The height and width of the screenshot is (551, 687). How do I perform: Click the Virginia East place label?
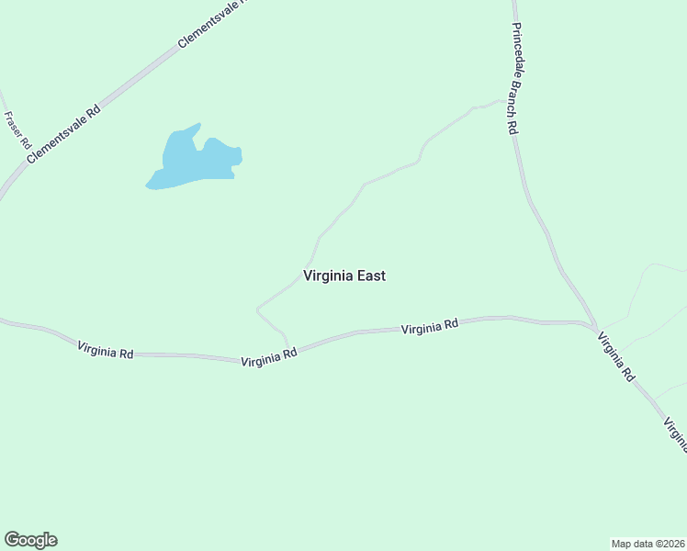344,275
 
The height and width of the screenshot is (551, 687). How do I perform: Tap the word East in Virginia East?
370,275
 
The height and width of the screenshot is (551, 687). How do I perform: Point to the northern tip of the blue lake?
197,125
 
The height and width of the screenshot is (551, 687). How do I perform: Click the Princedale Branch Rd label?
515,79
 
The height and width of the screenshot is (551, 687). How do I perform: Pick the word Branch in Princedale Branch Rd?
515,94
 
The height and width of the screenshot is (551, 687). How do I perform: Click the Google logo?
30,540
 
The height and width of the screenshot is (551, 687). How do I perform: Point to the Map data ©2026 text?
648,543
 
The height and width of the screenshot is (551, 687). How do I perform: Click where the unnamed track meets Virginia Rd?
289,350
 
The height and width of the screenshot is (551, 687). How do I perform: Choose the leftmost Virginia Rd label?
106,350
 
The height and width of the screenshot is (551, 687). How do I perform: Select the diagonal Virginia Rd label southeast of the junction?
615,356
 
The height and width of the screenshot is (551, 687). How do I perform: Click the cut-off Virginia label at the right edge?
675,434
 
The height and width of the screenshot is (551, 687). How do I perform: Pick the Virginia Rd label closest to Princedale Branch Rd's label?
430,327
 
